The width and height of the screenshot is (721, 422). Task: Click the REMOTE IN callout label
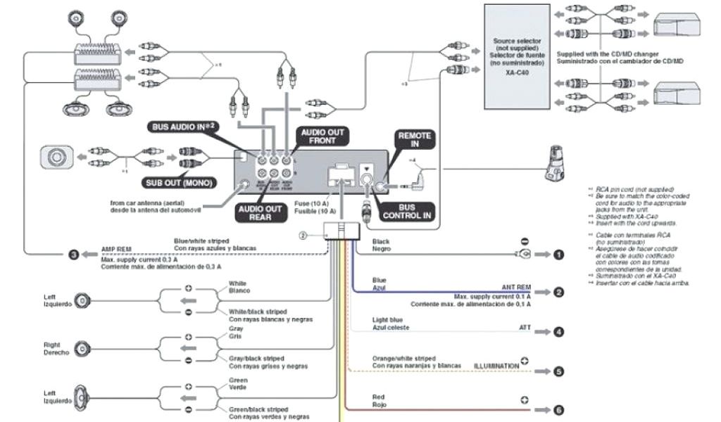coord(415,139)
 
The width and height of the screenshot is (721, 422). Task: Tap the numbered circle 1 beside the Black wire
coord(558,255)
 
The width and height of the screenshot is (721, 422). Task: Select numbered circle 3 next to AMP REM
coord(73,254)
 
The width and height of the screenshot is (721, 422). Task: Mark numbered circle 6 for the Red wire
coord(558,409)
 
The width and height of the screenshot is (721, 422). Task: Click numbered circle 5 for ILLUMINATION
coord(558,371)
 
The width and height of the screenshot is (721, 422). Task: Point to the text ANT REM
coord(515,288)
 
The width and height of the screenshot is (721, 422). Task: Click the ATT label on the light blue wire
coord(525,328)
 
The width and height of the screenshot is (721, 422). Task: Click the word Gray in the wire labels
coord(236,328)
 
